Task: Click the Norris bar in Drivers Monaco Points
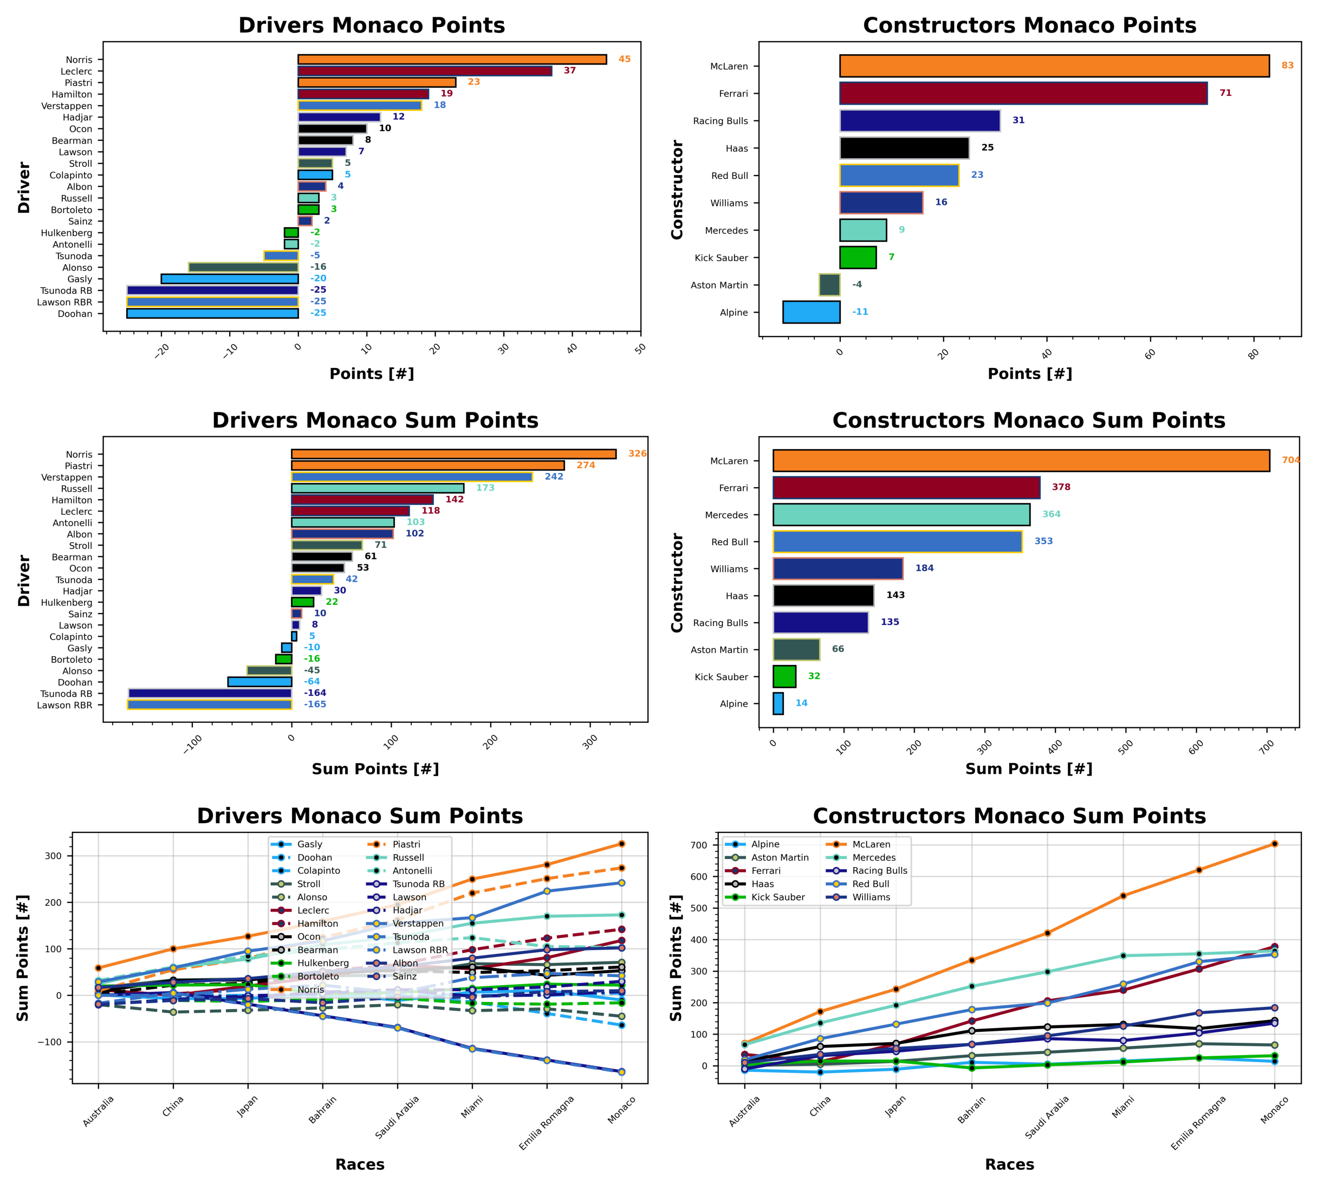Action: point(452,60)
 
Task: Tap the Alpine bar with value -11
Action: point(811,312)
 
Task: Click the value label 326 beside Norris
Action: point(637,454)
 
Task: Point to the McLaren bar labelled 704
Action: point(1021,461)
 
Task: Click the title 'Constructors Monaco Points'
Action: point(1029,25)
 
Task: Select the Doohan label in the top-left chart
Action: point(75,314)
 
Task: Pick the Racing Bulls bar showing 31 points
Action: point(919,121)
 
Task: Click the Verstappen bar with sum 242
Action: point(411,477)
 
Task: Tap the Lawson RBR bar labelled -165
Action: point(210,705)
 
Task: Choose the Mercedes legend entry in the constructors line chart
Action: point(873,858)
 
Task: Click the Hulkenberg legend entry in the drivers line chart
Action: point(322,963)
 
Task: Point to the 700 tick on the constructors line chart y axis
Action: point(699,845)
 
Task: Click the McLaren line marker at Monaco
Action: point(1274,844)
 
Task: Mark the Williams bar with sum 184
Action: point(838,568)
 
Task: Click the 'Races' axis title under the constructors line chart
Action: point(1009,1164)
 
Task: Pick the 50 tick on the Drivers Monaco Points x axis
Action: point(640,348)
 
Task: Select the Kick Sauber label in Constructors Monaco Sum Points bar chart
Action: point(721,677)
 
